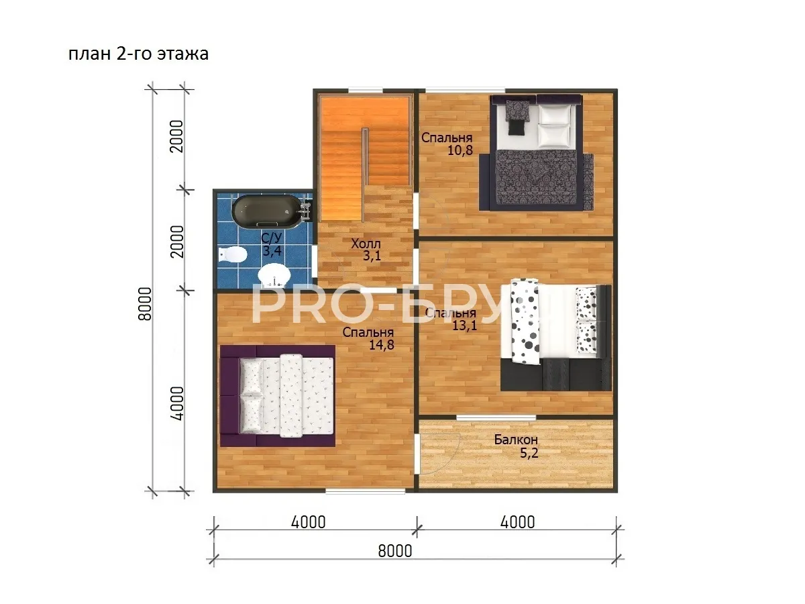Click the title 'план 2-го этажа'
(x=138, y=54)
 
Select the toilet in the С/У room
(x=232, y=254)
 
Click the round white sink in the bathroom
(x=274, y=275)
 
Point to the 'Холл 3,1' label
(x=366, y=250)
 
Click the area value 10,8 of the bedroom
(x=460, y=150)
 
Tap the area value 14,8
(x=382, y=345)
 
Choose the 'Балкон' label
(x=516, y=440)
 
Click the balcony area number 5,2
(x=529, y=453)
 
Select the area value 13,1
(x=464, y=325)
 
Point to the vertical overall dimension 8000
(x=145, y=303)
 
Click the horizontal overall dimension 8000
(x=395, y=551)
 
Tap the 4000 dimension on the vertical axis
(x=177, y=403)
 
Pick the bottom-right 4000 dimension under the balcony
(x=517, y=522)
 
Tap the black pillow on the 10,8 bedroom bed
(x=517, y=128)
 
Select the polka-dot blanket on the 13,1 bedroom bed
(x=525, y=321)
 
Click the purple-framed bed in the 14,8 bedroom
(x=278, y=396)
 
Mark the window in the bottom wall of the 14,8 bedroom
(x=366, y=491)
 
